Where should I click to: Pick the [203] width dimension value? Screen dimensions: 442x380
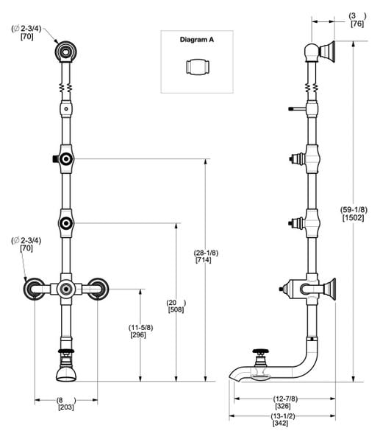65,407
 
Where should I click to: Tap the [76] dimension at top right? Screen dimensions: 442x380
356,24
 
